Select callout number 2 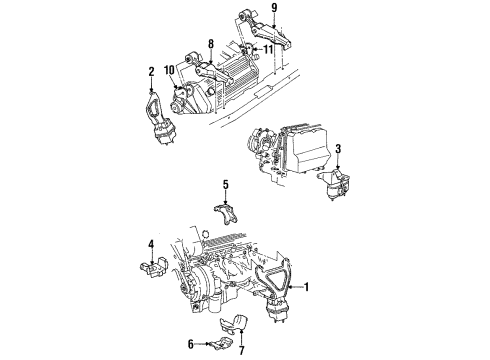[151, 72]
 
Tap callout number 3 [338, 150]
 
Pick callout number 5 [226, 184]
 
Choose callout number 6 [191, 342]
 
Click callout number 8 [210, 44]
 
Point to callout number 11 [267, 49]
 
